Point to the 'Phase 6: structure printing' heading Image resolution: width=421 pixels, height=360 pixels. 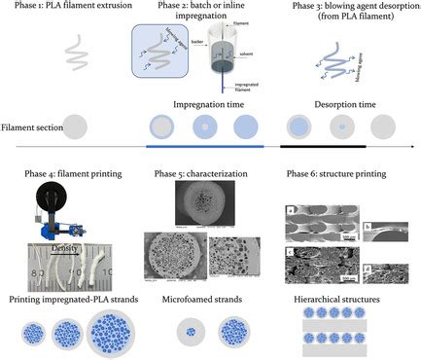coord(336,175)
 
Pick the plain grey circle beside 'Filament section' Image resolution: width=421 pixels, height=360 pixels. coord(77,126)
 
